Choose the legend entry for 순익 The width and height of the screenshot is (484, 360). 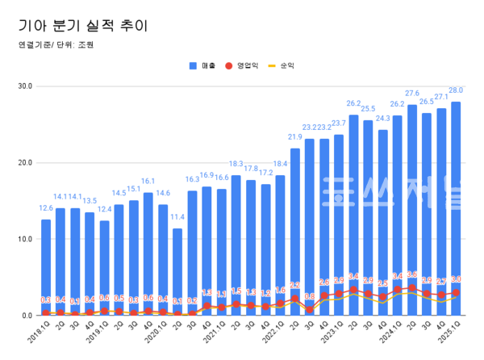coord(282,65)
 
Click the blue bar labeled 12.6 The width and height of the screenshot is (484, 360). coord(46,266)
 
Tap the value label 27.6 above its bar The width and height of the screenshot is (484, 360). coord(412,94)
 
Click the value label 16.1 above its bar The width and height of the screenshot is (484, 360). coord(148,182)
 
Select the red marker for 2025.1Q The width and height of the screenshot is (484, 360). coord(456,293)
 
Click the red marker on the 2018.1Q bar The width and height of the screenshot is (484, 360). coord(46,312)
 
